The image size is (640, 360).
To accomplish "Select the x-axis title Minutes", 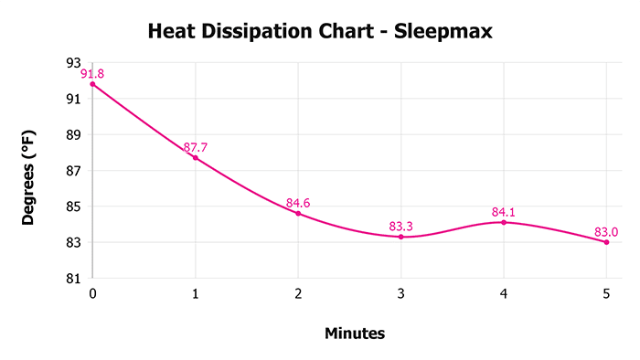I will (x=355, y=334).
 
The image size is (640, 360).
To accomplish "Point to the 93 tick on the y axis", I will (x=73, y=62).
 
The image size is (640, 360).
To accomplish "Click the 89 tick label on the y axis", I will (x=73, y=134).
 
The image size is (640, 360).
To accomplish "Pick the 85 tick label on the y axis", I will (x=73, y=206).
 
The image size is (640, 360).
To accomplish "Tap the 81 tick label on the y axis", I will (x=73, y=279).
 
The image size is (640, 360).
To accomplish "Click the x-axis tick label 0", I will (x=92, y=294).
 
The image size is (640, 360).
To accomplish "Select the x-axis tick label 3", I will (x=400, y=294).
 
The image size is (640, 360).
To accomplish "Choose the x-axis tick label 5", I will (x=606, y=294).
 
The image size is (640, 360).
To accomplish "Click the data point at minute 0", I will (x=92, y=84).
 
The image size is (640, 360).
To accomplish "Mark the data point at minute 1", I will (x=195, y=158).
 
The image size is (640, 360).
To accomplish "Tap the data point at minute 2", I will (x=298, y=213).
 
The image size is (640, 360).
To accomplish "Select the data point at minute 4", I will (x=504, y=222).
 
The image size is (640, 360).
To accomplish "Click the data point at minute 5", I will (x=606, y=242).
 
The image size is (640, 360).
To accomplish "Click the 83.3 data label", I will (x=400, y=225).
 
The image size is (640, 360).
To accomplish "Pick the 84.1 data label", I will (x=504, y=210).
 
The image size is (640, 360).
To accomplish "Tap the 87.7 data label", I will (x=195, y=146).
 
